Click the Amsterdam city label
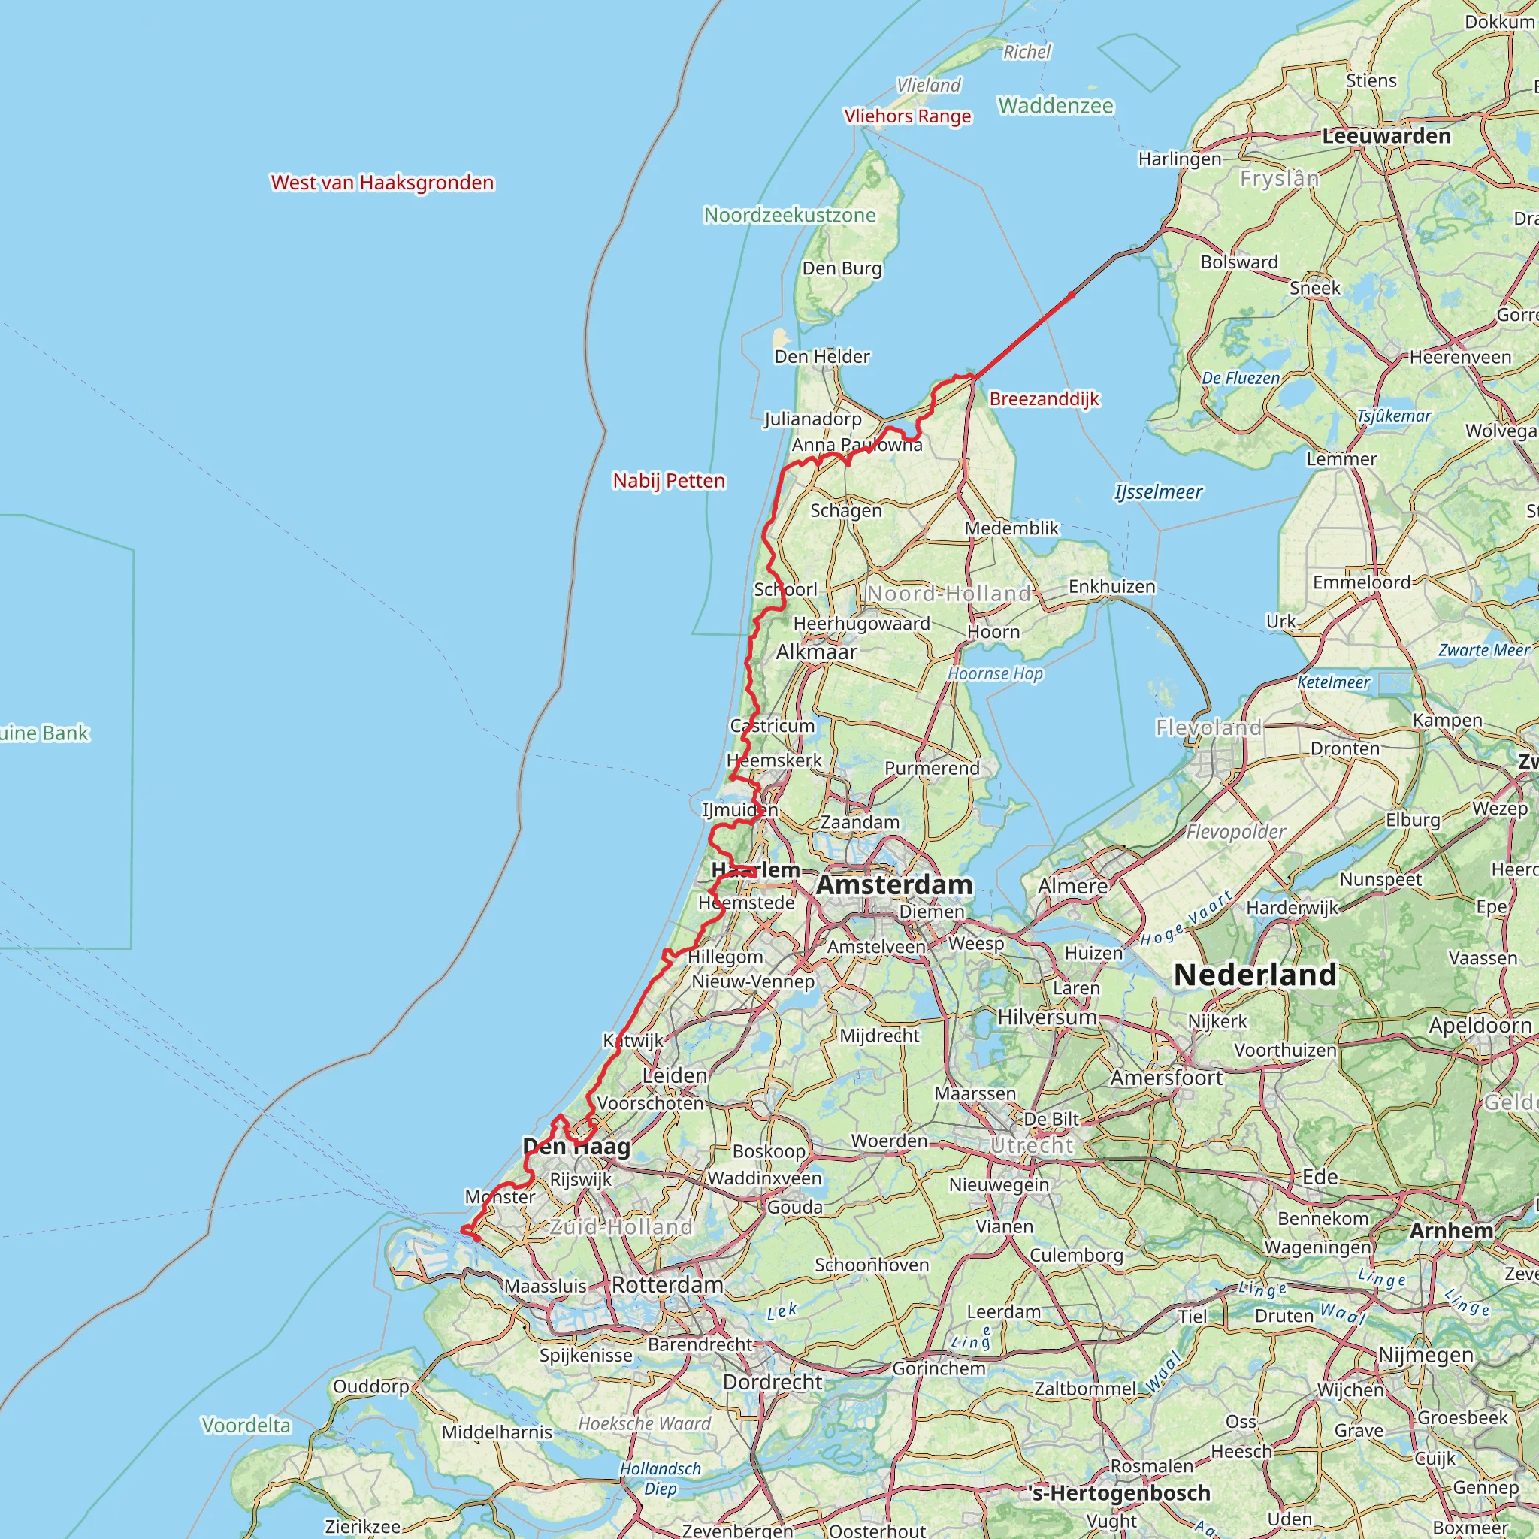[x=893, y=884]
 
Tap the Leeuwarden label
[x=1386, y=135]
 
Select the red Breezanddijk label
[x=1044, y=398]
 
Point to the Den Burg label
[x=842, y=268]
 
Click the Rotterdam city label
[x=667, y=1284]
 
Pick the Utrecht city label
[x=1033, y=1145]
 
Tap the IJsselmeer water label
[x=1158, y=492]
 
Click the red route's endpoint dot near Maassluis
[x=476, y=1238]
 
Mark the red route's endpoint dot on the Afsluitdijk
[x=1072, y=295]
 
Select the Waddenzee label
[x=1056, y=105]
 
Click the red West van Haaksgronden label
[x=382, y=183]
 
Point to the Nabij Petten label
[x=669, y=480]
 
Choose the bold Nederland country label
[x=1256, y=974]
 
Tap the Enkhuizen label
[x=1111, y=586]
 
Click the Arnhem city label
[x=1451, y=1230]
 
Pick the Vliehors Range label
[x=907, y=116]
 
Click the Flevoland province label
[x=1208, y=727]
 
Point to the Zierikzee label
[x=362, y=1525]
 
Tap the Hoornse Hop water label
[x=995, y=674]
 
